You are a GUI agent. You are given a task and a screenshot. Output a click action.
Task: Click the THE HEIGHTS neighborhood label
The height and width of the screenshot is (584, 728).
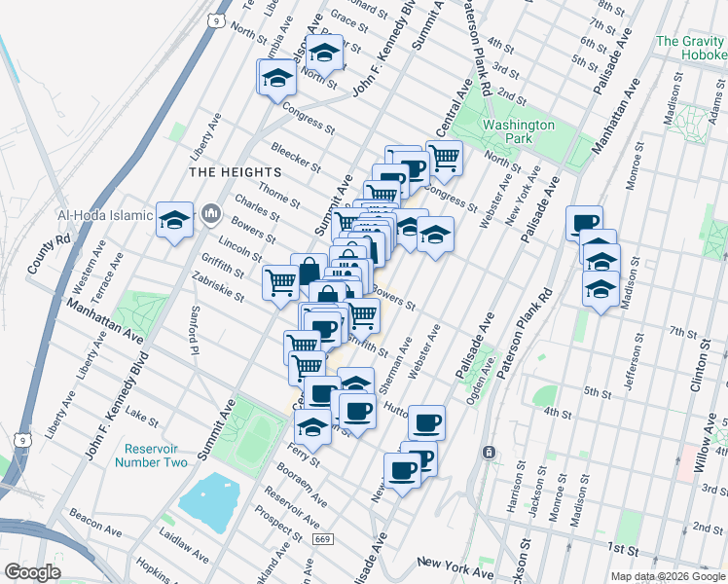tap(222, 171)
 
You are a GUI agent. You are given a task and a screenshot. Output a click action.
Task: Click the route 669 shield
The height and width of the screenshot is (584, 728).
tap(320, 538)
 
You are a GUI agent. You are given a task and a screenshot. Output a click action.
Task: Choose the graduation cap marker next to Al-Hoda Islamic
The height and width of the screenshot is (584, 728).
tap(175, 221)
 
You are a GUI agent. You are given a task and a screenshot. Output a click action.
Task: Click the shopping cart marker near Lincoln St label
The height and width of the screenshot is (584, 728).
tap(280, 281)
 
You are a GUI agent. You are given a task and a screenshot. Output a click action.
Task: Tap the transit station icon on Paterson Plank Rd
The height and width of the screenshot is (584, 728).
tap(489, 453)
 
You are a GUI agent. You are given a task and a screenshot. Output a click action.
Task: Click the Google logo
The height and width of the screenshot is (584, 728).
tap(33, 572)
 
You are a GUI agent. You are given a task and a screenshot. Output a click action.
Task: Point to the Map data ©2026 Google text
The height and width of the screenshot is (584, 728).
tap(667, 576)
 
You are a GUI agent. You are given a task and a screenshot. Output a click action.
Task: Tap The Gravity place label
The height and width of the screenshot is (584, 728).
tap(690, 42)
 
